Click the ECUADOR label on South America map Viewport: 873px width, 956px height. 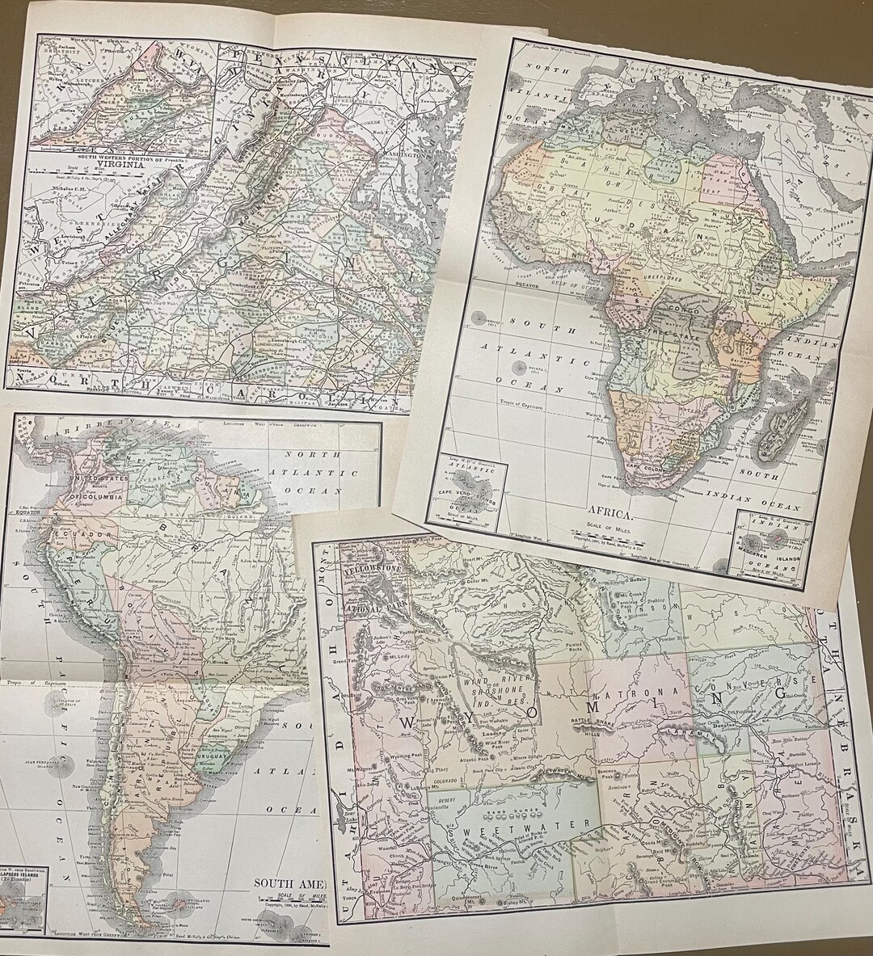49,534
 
